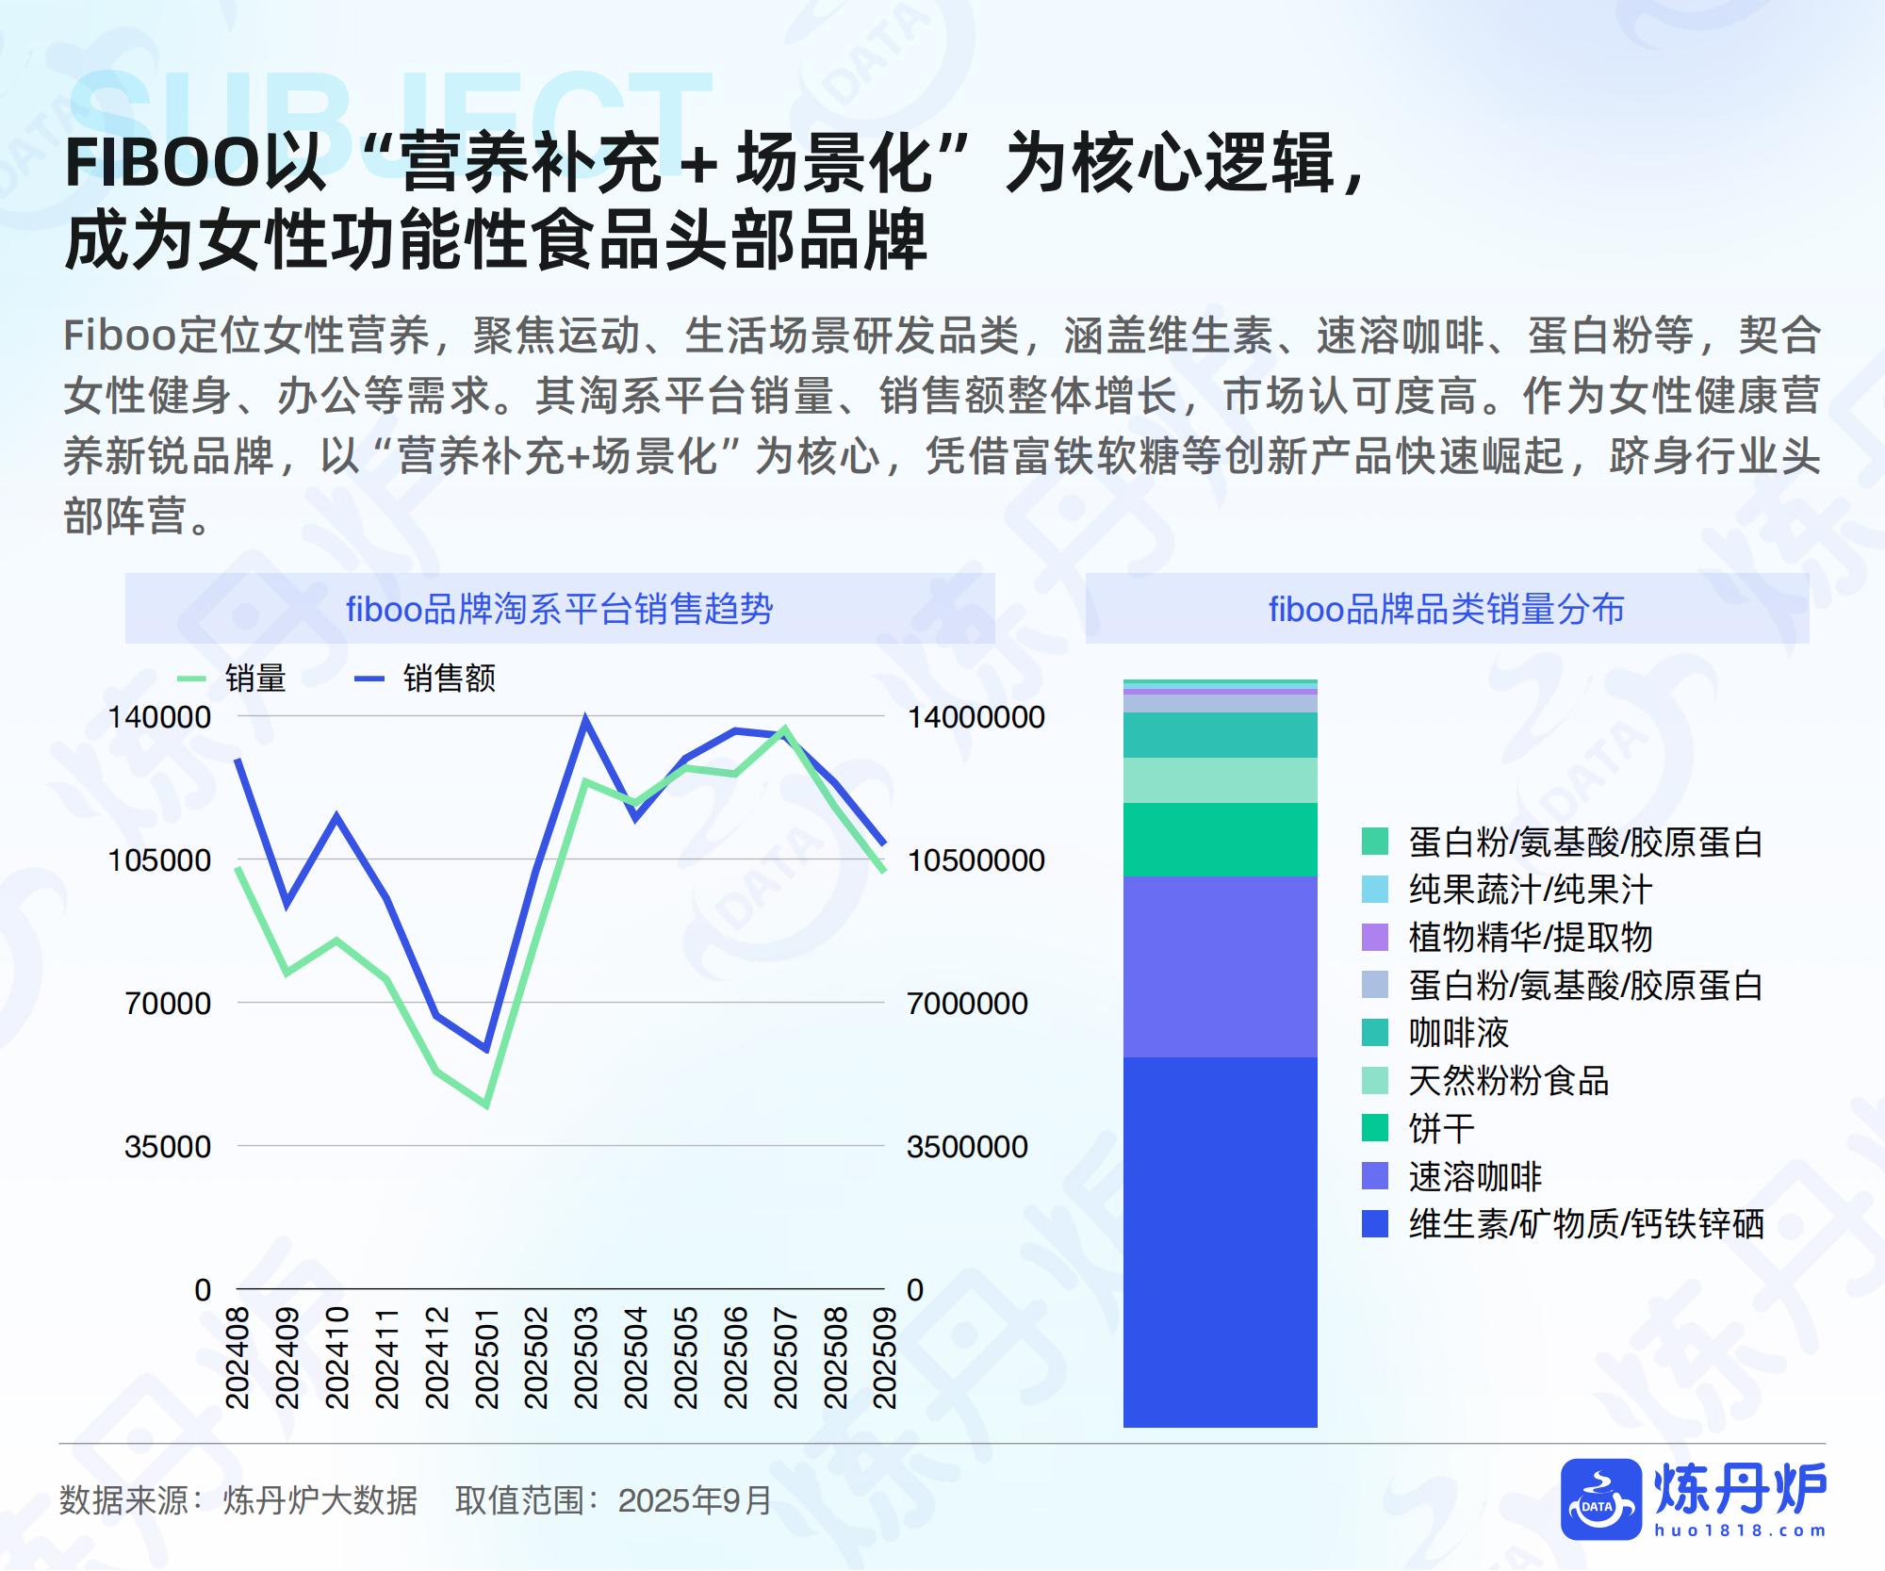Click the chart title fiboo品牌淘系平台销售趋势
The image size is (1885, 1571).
[x=560, y=610]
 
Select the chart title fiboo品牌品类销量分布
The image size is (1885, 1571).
[x=1447, y=610]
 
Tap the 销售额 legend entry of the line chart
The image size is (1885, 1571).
[x=423, y=679]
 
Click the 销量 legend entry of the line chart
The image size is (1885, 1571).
[x=232, y=679]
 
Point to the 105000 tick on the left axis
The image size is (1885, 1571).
[x=159, y=859]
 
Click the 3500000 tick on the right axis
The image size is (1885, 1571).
[x=967, y=1146]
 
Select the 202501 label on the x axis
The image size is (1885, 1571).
[x=486, y=1357]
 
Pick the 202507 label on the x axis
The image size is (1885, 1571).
[x=786, y=1357]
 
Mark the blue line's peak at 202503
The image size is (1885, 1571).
[x=585, y=721]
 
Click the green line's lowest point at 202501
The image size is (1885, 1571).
[x=486, y=1105]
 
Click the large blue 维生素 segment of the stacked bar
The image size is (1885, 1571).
[x=1221, y=1242]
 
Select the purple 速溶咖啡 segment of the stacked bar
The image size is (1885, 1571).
[x=1221, y=967]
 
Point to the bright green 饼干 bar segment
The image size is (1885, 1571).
[x=1221, y=840]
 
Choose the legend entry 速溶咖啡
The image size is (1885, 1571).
[x=1451, y=1176]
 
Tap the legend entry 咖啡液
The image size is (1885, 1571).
[x=1435, y=1033]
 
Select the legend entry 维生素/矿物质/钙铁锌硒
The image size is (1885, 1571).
[x=1563, y=1224]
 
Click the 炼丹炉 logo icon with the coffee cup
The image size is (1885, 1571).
[x=1601, y=1499]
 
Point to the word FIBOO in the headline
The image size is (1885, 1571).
[x=160, y=163]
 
